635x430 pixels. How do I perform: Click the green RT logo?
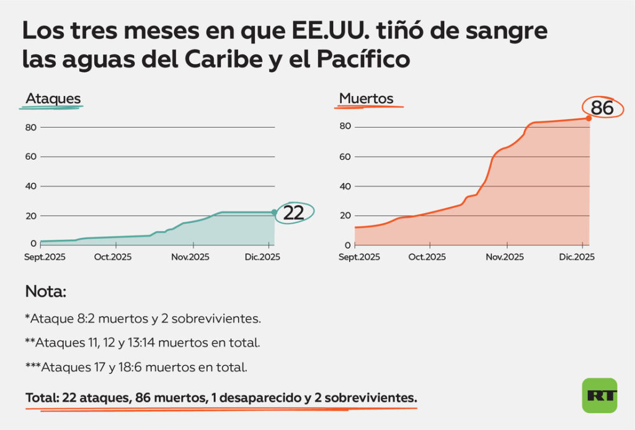coord(599,395)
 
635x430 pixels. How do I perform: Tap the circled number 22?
coord(293,213)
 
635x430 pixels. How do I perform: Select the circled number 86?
coord(602,108)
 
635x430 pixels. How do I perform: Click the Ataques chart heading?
coord(53,99)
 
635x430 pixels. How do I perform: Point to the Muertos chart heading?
coord(366,99)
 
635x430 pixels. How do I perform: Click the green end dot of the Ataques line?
coord(274,213)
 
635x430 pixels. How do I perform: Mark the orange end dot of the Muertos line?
coord(588,118)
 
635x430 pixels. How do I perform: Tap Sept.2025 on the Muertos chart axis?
coord(359,257)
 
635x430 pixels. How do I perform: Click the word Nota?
coord(45,291)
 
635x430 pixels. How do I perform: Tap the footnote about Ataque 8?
coord(142,319)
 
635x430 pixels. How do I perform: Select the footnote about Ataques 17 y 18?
coord(136,367)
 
